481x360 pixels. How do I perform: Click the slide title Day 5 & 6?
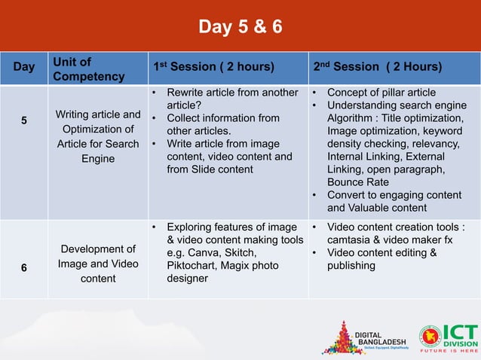coord(240,28)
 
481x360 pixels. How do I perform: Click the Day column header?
coord(24,67)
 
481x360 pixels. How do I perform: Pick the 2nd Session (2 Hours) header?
coord(377,67)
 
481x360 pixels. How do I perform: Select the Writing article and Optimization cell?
coord(98,136)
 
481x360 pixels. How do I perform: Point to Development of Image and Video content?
coord(98,264)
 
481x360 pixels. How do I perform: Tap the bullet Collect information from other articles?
coord(222,124)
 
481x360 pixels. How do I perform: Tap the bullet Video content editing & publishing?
coord(381,258)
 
